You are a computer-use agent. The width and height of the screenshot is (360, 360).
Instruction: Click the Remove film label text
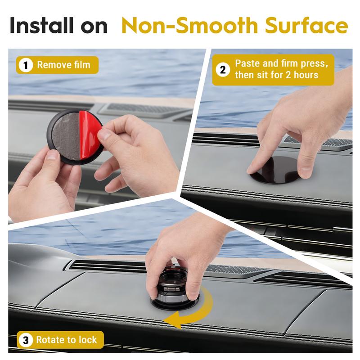tap(63, 65)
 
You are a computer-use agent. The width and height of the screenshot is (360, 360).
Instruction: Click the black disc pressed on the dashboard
tap(275, 171)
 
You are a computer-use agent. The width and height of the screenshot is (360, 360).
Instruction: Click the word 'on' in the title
tap(94, 26)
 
